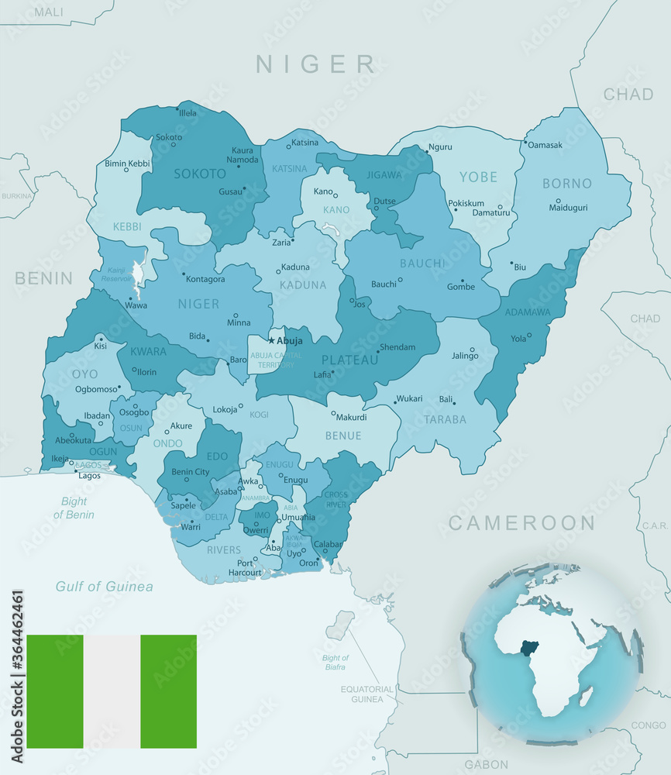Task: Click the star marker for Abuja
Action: pyautogui.click(x=271, y=340)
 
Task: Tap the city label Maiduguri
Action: pyautogui.click(x=568, y=208)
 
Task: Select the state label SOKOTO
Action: pyautogui.click(x=199, y=174)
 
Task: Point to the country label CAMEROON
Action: pyautogui.click(x=521, y=523)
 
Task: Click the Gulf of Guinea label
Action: pyautogui.click(x=104, y=587)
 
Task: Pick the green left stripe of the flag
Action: pyautogui.click(x=54, y=691)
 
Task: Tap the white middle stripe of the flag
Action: pyautogui.click(x=112, y=691)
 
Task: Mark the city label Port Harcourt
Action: pyautogui.click(x=245, y=568)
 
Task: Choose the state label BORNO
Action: pyautogui.click(x=566, y=184)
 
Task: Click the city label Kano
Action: pyautogui.click(x=322, y=191)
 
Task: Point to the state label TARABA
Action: pyautogui.click(x=445, y=419)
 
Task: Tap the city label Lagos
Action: pyautogui.click(x=89, y=475)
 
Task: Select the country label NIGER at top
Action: pyautogui.click(x=315, y=64)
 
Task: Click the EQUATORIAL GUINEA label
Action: pyautogui.click(x=362, y=694)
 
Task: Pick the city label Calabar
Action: pyautogui.click(x=329, y=544)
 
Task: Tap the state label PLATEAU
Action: pyautogui.click(x=349, y=360)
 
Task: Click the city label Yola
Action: pyautogui.click(x=518, y=339)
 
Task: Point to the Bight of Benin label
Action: pyautogui.click(x=74, y=508)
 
